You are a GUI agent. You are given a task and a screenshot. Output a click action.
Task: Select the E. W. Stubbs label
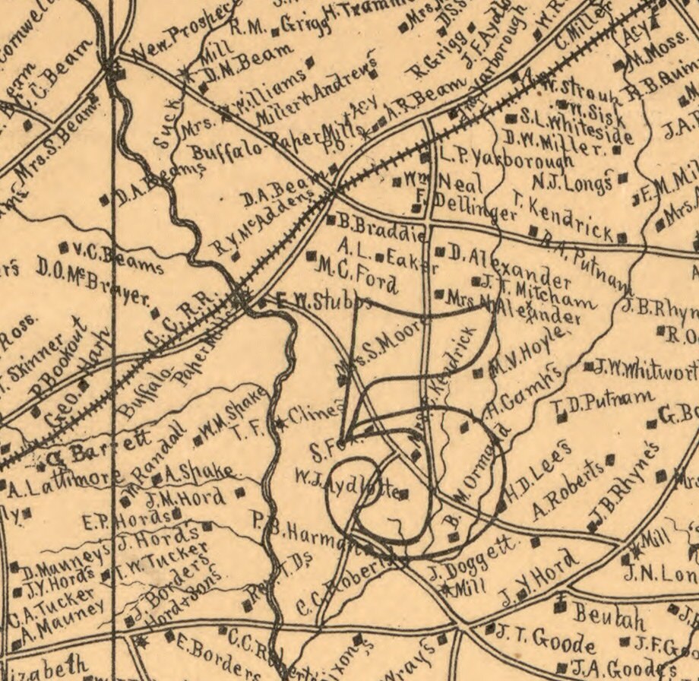point(323,301)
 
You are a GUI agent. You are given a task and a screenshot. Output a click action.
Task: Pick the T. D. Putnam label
point(606,404)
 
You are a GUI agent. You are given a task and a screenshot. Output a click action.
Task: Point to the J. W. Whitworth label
point(646,369)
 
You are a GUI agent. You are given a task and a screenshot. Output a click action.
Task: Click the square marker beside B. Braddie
point(331,220)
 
